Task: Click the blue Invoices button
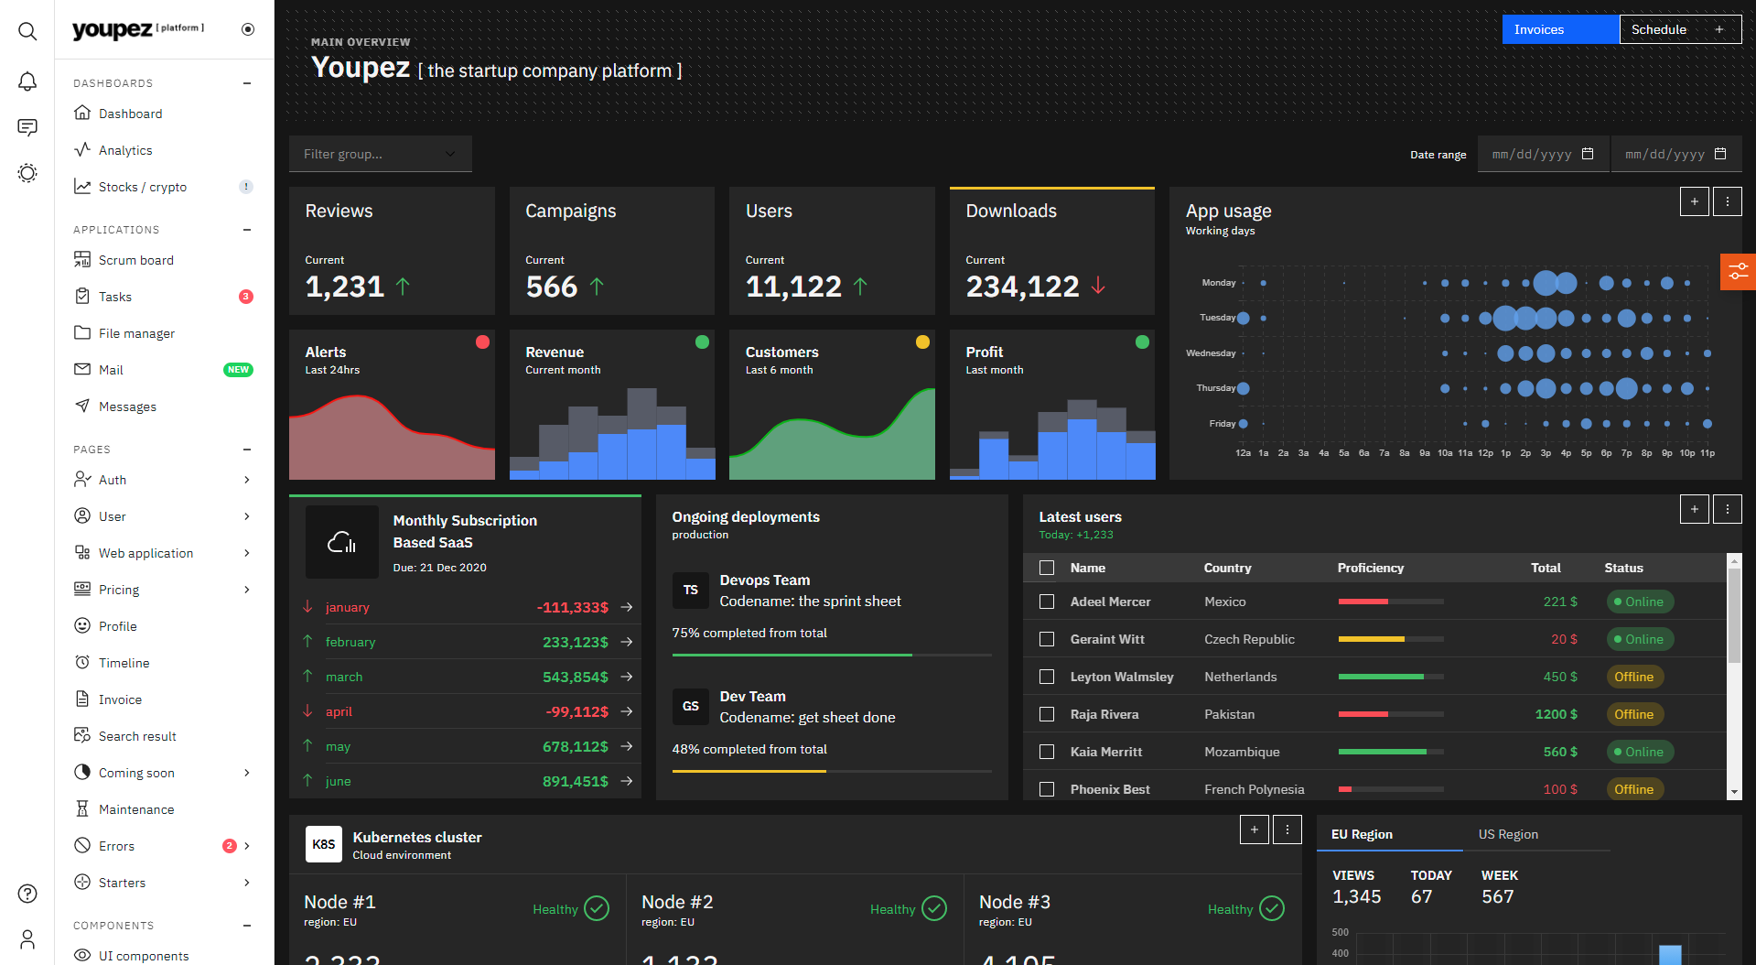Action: click(1559, 29)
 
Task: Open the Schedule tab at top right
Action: click(1658, 29)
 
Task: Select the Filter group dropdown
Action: click(380, 154)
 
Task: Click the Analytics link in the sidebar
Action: click(125, 150)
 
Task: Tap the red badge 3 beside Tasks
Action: click(245, 297)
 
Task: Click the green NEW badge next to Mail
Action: click(238, 370)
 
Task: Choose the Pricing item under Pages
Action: click(119, 590)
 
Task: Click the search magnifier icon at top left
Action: click(27, 31)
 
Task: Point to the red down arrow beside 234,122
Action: click(1098, 287)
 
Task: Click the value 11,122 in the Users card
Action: click(792, 287)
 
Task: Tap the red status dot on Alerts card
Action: click(482, 342)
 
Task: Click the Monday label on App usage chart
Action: click(1218, 283)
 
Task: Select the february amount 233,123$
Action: click(575, 642)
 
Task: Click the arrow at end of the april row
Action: click(627, 711)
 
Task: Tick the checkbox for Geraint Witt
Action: click(1047, 639)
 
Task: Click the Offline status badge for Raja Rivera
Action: click(1633, 714)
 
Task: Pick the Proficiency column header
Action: click(1370, 568)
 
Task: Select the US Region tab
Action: click(1508, 834)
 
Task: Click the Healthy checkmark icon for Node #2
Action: click(933, 908)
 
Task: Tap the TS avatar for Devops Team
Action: click(691, 590)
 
